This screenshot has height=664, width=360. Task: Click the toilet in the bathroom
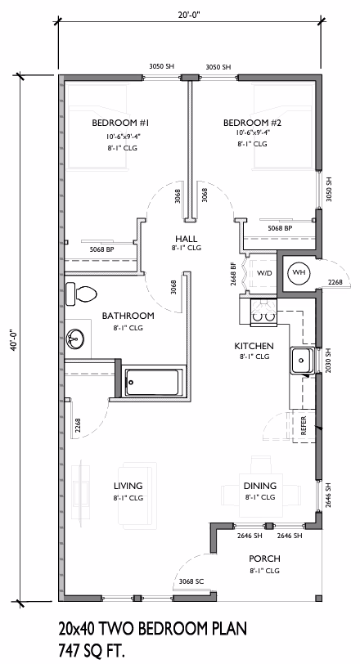click(81, 294)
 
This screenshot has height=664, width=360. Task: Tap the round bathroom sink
click(75, 339)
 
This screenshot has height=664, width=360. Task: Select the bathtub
click(154, 383)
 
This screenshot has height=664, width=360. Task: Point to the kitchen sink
click(302, 361)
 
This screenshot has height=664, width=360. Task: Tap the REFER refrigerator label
click(304, 427)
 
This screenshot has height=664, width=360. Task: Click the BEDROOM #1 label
click(120, 123)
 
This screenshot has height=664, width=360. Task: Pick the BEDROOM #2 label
click(253, 123)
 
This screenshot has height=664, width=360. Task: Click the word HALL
click(186, 239)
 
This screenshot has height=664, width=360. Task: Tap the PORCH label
click(265, 559)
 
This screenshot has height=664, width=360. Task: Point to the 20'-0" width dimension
click(189, 14)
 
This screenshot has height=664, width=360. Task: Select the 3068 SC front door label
click(191, 581)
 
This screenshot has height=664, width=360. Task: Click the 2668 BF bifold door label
click(233, 275)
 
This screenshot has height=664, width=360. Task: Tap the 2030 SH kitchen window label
click(327, 361)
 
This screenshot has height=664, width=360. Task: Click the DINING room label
click(259, 486)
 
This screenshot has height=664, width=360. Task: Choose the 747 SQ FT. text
click(93, 649)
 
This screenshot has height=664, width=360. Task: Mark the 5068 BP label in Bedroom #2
click(280, 228)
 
